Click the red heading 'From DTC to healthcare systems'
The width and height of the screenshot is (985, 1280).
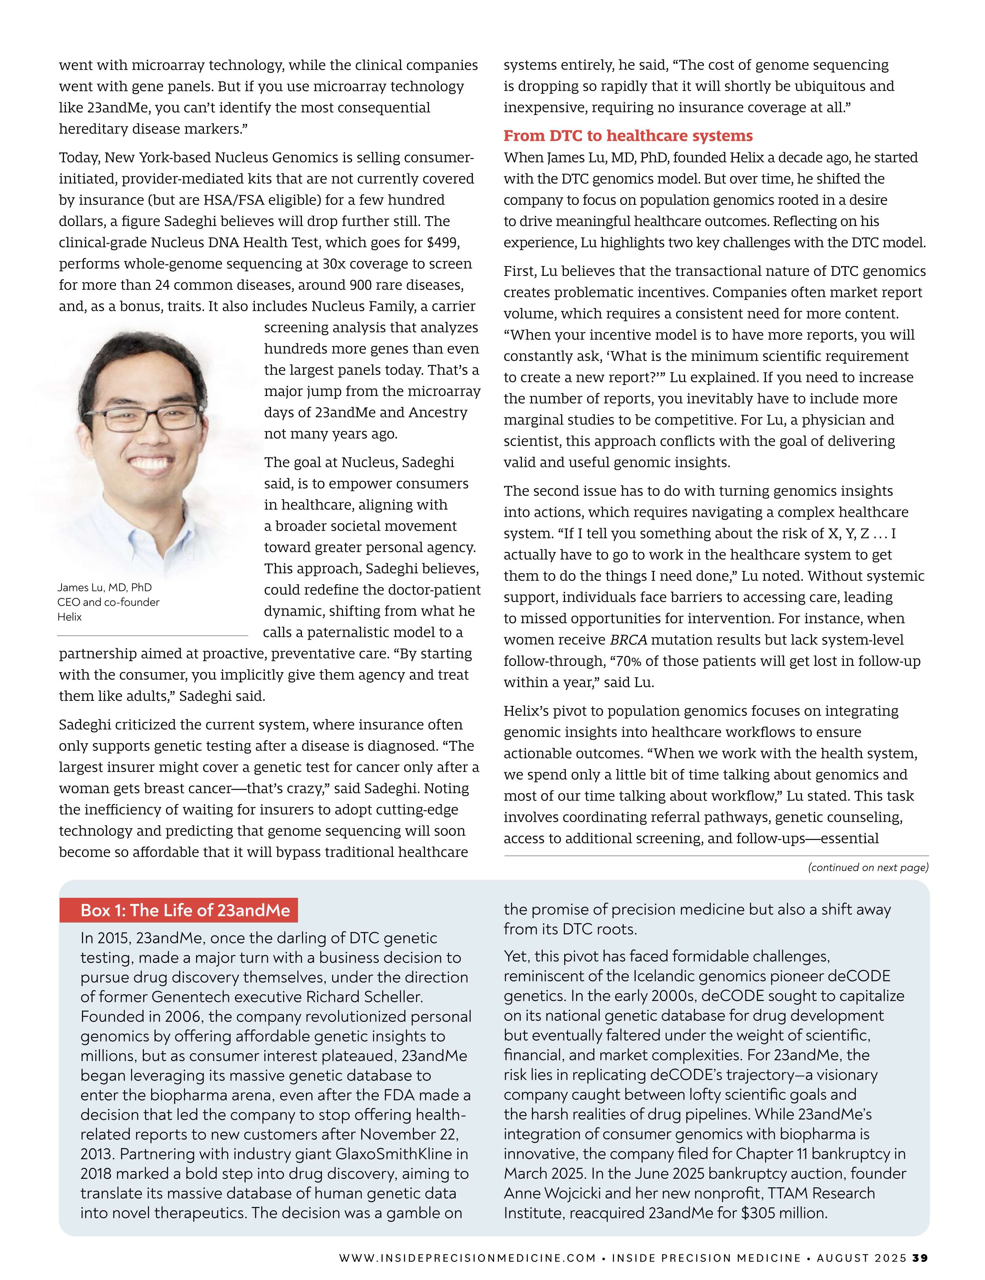tap(628, 136)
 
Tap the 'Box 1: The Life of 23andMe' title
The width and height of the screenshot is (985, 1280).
tap(185, 910)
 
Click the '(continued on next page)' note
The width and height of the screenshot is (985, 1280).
tap(868, 868)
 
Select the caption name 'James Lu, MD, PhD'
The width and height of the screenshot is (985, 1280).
tap(104, 587)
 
